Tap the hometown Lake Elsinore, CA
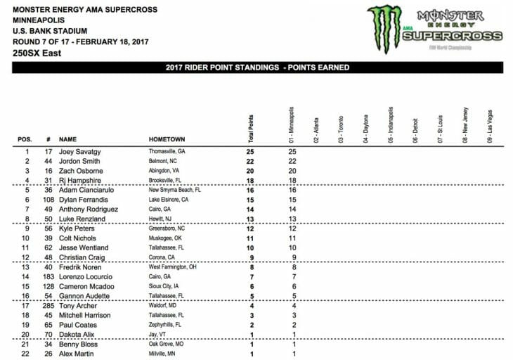tap(169, 200)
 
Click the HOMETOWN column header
tap(167, 139)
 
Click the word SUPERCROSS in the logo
tap(457, 36)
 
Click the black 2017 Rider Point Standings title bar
tap(256, 67)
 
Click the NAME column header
tap(68, 139)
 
